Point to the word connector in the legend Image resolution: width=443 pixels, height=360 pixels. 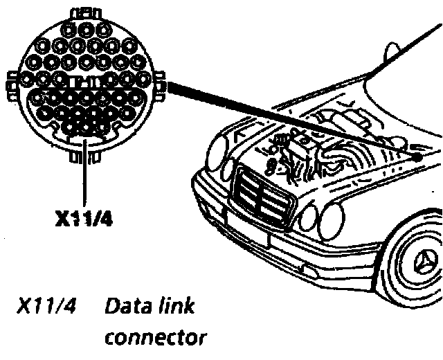[x=155, y=339]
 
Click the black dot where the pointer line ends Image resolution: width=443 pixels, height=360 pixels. [x=418, y=156]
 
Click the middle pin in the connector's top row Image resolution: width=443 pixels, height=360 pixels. [x=85, y=30]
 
